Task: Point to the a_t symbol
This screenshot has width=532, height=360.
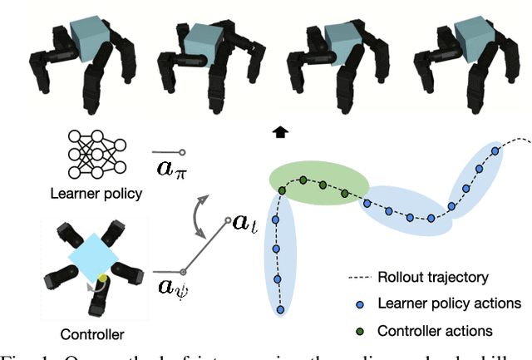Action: point(242,224)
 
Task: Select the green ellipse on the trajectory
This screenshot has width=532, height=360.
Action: point(320,183)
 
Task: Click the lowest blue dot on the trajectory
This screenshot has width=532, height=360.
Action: point(280,309)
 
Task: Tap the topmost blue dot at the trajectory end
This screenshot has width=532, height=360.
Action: point(495,150)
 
